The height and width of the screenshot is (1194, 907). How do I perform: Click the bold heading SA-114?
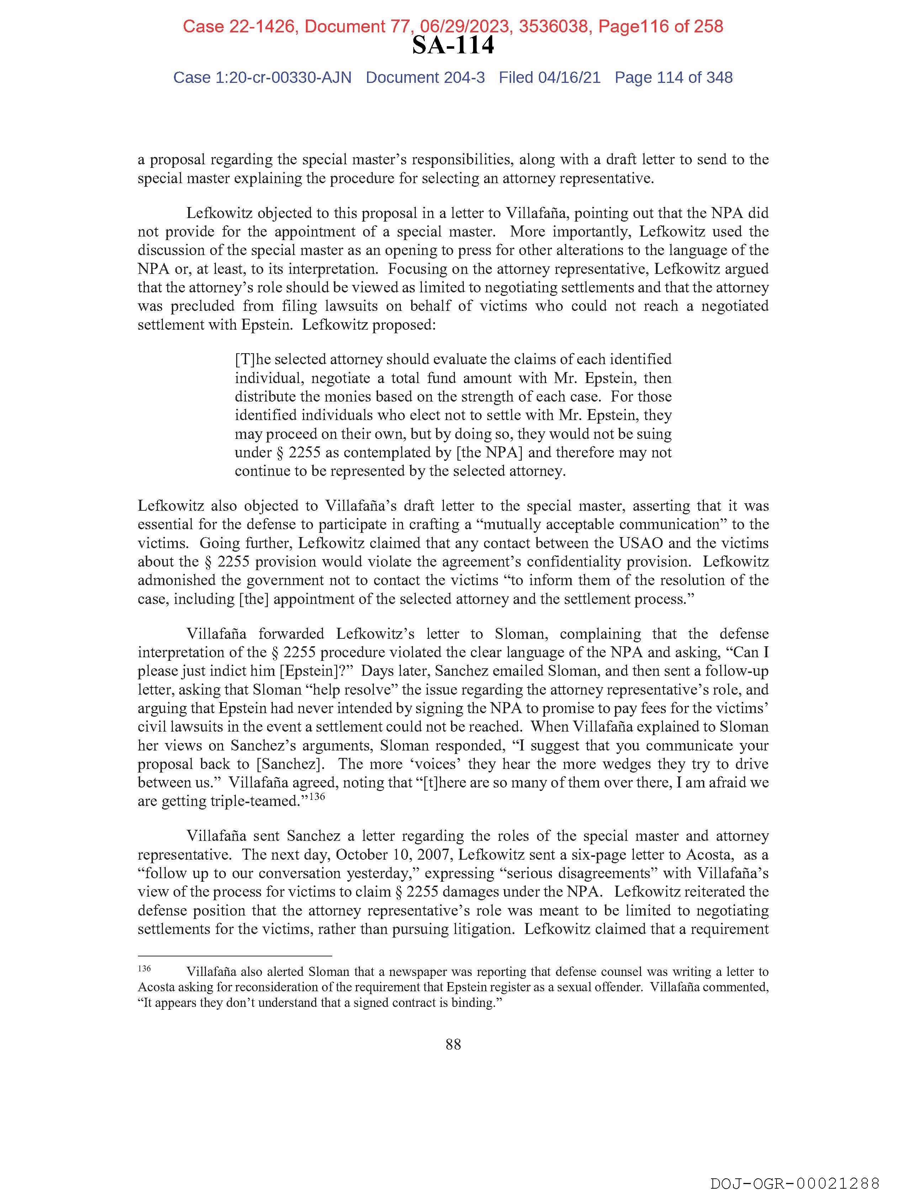pos(453,46)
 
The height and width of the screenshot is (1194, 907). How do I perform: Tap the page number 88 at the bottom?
pos(453,1045)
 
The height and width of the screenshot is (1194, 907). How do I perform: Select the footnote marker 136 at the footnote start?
pos(144,969)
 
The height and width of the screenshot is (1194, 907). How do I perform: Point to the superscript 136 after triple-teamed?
pos(317,796)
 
